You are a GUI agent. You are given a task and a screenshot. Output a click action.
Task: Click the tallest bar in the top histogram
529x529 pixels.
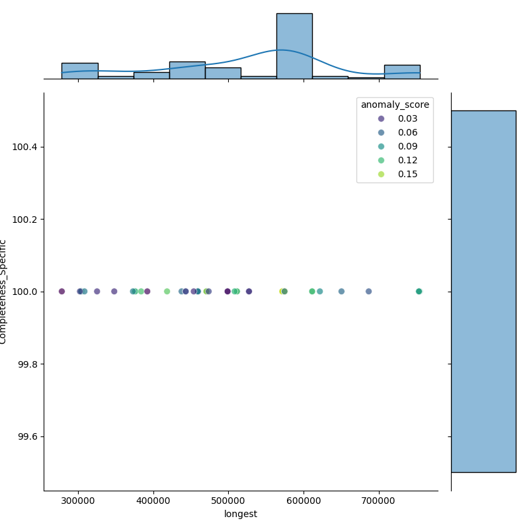[294, 46]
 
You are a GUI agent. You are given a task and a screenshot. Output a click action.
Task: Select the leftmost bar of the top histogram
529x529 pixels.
[79, 71]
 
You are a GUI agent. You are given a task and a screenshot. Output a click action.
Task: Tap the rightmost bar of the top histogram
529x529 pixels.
[402, 71]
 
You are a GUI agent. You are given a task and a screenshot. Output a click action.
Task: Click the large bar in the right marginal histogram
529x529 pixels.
[483, 291]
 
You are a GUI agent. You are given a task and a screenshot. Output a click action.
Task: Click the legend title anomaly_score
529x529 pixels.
[395, 104]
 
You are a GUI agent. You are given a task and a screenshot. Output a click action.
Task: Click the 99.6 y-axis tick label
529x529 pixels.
[27, 436]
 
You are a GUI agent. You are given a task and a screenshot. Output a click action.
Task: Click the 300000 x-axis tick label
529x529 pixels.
[79, 501]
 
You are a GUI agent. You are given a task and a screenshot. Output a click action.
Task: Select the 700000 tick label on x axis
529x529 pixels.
[380, 501]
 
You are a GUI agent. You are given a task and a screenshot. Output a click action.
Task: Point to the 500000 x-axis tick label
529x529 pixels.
[229, 501]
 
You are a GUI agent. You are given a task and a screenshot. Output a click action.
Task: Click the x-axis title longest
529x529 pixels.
[241, 514]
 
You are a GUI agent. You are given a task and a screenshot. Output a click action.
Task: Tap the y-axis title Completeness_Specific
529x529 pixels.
[4, 292]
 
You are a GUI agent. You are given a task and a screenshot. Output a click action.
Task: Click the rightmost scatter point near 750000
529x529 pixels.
[419, 292]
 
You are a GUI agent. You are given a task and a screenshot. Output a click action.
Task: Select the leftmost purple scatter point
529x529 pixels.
[61, 292]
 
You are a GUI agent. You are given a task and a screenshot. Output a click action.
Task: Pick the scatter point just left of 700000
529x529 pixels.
[368, 292]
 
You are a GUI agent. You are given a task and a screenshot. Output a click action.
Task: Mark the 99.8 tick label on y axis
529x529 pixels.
[27, 364]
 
